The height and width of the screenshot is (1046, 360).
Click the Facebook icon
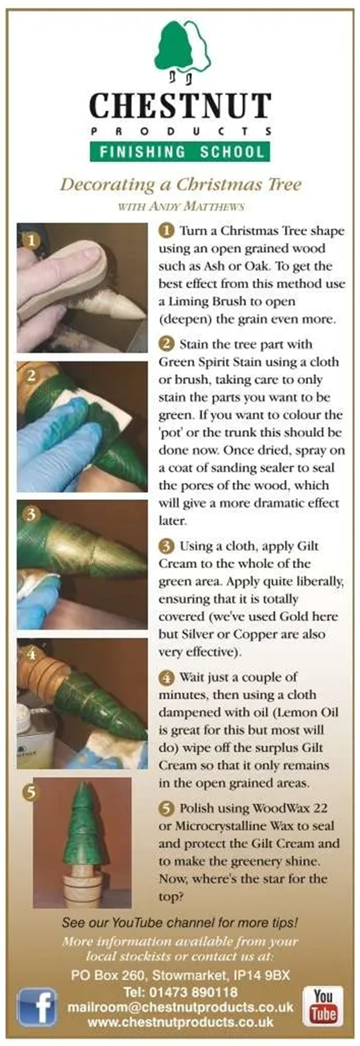pos(37,1007)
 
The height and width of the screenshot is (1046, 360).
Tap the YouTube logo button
pos(323,1005)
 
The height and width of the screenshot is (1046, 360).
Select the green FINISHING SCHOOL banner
pos(180,152)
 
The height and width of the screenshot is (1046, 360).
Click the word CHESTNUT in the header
pos(180,106)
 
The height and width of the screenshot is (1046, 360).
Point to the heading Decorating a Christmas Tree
pos(181,185)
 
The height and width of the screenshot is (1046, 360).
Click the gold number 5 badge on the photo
pos(31,792)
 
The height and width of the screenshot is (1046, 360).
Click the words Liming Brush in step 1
pos(206,302)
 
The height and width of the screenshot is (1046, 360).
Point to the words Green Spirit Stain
pos(208,363)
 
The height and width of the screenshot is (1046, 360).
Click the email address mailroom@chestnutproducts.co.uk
pos(180,1007)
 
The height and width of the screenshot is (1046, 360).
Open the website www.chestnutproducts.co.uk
pos(180,1021)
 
